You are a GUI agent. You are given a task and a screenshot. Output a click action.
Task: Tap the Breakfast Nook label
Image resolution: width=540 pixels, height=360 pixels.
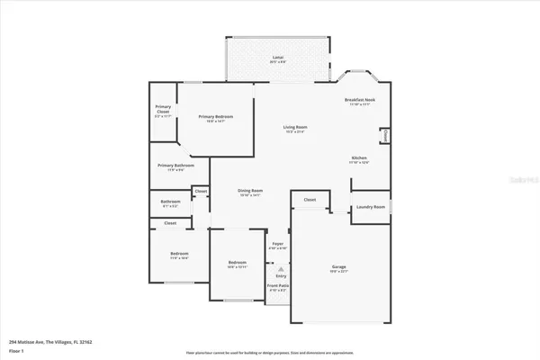[x=360, y=100]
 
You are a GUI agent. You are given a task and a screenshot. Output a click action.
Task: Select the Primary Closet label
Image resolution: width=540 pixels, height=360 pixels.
[x=163, y=110]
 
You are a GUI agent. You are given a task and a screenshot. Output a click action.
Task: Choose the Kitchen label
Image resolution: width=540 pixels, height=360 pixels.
[x=358, y=158]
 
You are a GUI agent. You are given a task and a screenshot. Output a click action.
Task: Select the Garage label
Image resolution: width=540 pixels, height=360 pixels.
[x=340, y=266]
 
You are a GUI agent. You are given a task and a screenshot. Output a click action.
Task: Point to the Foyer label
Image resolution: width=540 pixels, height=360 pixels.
[x=278, y=245]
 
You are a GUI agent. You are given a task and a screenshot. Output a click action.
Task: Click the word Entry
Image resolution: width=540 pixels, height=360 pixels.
[x=280, y=276]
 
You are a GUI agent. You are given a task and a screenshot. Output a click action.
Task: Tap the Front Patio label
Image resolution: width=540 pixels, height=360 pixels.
[x=278, y=287]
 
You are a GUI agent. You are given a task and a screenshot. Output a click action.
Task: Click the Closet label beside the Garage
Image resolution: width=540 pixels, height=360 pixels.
[x=310, y=200]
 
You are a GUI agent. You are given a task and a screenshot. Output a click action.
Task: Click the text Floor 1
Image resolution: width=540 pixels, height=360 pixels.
[x=19, y=351]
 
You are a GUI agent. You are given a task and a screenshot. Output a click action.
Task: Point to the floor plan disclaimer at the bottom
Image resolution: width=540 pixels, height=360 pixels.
[x=269, y=352]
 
